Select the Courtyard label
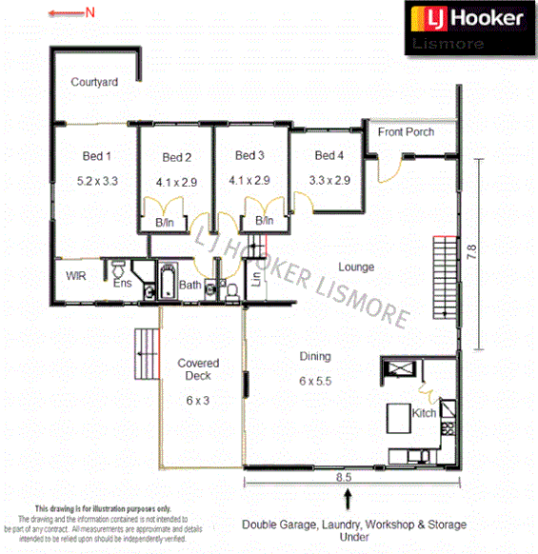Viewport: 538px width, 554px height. [x=94, y=83]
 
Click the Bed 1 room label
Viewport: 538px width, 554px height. [x=96, y=156]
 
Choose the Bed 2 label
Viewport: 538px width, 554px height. [x=177, y=157]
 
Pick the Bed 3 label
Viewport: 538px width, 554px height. [x=249, y=155]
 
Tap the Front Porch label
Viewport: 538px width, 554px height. [x=406, y=131]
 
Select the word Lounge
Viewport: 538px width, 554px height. [x=355, y=267]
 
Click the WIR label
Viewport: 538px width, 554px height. [x=76, y=276]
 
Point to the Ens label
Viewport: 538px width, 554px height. [x=123, y=283]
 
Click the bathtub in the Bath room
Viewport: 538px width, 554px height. [x=168, y=284]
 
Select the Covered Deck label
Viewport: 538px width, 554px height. [x=198, y=369]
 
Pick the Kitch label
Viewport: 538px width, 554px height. [x=425, y=413]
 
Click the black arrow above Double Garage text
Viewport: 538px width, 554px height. [x=349, y=498]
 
